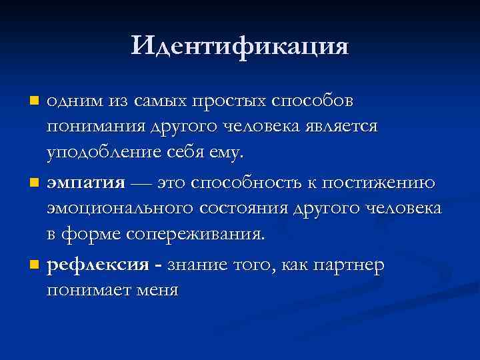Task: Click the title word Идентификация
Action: pos(240,46)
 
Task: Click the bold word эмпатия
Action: pos(86,183)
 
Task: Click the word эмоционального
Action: pos(121,209)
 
